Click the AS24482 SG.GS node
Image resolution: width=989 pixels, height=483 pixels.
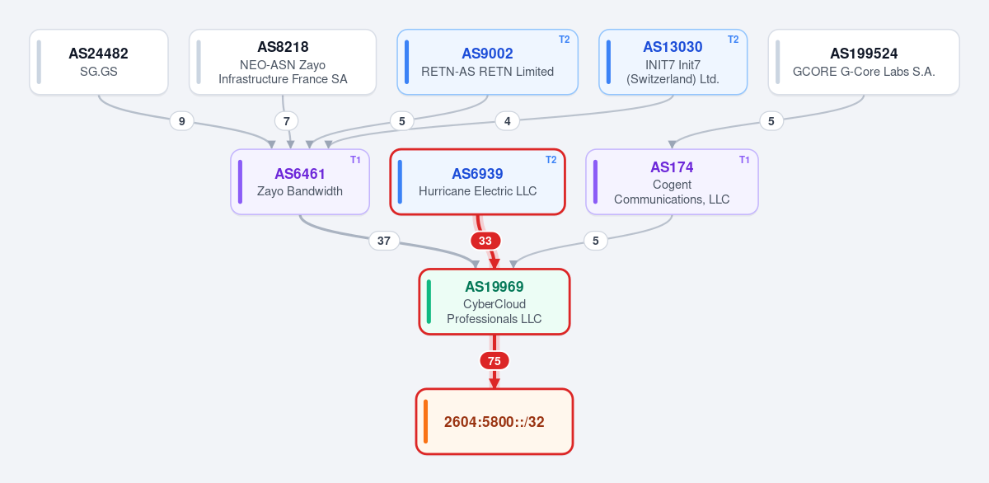pos(99,62)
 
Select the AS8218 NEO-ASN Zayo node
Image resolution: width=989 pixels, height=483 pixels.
pos(283,62)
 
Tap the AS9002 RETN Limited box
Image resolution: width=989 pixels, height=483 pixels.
pos(487,62)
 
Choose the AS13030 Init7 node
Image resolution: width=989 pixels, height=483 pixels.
pos(673,62)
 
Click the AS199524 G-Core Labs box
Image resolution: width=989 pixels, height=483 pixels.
pos(864,62)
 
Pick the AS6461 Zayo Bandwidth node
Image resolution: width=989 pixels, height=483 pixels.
pos(300,182)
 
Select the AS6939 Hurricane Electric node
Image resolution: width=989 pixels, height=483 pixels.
pos(477,182)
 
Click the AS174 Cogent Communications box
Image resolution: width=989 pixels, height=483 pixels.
pos(672,182)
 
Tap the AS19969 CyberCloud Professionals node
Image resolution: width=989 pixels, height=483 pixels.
pos(494,302)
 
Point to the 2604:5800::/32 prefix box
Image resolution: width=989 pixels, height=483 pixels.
pos(494,422)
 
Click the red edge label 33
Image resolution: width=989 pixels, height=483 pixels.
pos(485,241)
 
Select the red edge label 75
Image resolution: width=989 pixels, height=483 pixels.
pos(494,361)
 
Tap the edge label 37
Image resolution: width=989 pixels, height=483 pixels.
pos(384,241)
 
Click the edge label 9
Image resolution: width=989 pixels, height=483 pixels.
pos(181,121)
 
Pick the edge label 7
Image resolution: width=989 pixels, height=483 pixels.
pos(287,121)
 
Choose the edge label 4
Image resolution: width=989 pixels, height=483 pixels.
pos(508,121)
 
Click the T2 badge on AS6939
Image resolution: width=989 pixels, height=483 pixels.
pos(551,160)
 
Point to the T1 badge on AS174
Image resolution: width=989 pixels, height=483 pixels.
pos(744,160)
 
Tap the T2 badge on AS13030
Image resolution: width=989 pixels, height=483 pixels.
pos(734,40)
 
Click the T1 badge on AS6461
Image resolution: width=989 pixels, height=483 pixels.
pos(355,160)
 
